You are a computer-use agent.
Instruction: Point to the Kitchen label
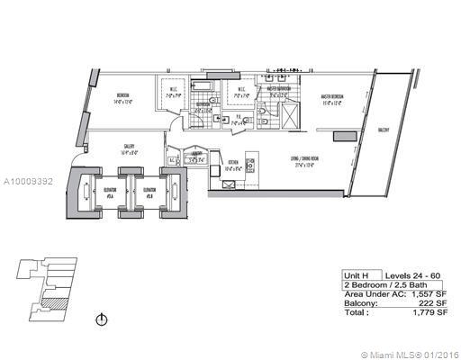click(x=233, y=165)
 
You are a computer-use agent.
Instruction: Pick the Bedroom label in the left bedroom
click(x=124, y=96)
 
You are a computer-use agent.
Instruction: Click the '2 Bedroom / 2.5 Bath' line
click(x=378, y=284)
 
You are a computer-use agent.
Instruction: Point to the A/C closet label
click(x=172, y=162)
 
